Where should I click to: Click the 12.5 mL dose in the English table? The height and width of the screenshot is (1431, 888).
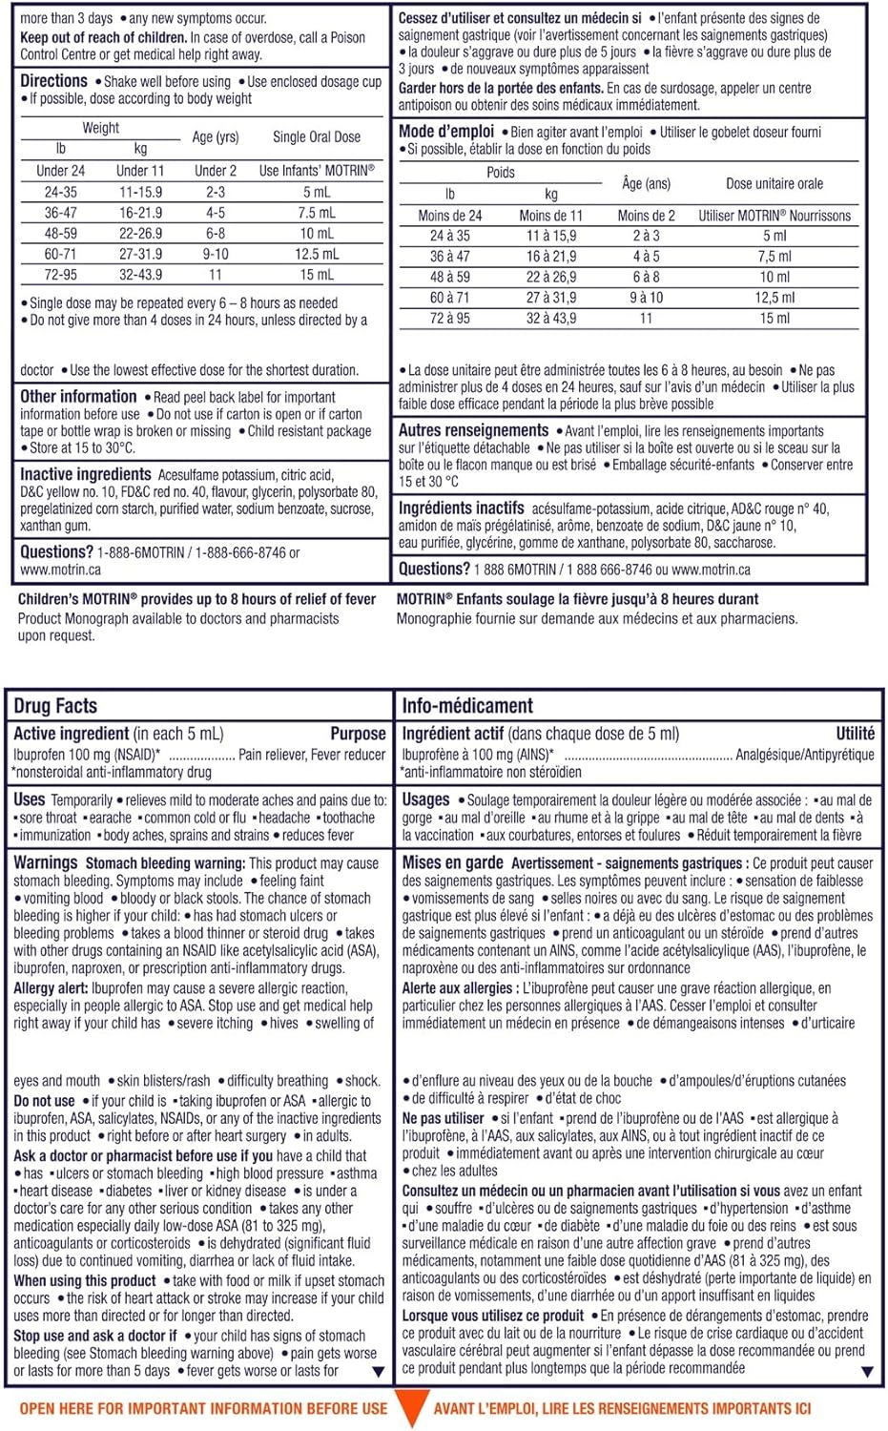(317, 255)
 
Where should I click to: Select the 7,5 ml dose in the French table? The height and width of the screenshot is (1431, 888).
(774, 257)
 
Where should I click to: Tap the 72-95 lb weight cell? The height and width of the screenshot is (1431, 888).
(60, 275)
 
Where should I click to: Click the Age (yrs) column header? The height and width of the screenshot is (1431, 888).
(216, 137)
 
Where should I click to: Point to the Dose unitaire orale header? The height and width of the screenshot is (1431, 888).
(774, 184)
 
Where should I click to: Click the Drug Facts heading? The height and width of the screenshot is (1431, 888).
(55, 706)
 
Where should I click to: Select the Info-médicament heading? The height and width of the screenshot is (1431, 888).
(467, 706)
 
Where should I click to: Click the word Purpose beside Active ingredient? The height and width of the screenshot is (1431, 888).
(358, 734)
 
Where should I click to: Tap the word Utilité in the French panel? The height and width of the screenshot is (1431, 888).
(855, 734)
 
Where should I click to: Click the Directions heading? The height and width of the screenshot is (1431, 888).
(53, 81)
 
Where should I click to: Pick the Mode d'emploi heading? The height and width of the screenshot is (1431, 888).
(446, 132)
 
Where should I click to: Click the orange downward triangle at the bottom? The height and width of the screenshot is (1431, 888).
(410, 1409)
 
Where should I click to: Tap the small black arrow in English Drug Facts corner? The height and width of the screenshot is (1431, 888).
(378, 1372)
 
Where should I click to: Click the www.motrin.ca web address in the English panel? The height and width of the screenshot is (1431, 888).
(60, 570)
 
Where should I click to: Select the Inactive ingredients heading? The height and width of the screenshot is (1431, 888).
(86, 474)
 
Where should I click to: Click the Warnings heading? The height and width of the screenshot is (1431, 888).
(46, 862)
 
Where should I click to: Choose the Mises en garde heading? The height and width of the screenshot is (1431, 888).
(452, 862)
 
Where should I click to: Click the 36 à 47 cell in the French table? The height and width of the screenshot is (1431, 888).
(449, 257)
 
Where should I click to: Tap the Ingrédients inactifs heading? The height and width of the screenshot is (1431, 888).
(462, 508)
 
